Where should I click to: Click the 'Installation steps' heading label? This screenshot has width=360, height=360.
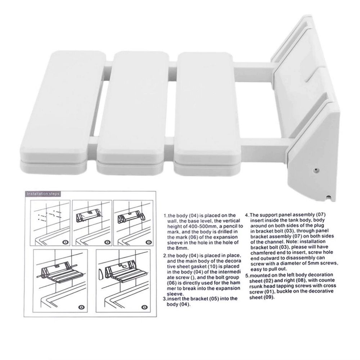pos(43,194)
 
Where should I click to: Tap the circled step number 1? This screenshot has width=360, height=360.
pos(66,242)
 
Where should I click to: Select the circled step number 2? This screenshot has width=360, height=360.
pos(107,242)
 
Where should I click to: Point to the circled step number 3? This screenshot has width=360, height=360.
pos(149,242)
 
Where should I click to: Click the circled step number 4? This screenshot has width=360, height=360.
pos(82,308)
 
